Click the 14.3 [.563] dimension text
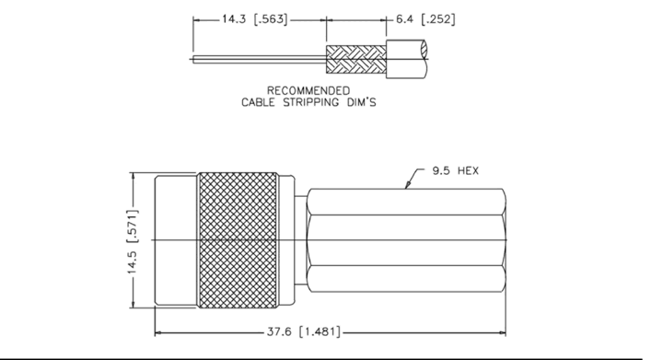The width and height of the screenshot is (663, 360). (254, 19)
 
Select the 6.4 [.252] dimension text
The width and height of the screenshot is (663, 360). (425, 19)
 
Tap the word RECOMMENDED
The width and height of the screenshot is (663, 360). (308, 91)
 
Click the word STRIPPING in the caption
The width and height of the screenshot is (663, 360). (311, 102)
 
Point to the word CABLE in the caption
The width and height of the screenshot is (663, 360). (258, 102)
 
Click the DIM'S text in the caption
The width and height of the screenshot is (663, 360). (362, 102)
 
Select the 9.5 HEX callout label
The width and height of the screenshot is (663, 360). (456, 170)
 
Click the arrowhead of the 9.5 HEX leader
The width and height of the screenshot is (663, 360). (407, 185)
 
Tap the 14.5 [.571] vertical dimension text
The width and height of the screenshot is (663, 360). (133, 241)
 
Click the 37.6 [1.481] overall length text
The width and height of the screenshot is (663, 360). (303, 331)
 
